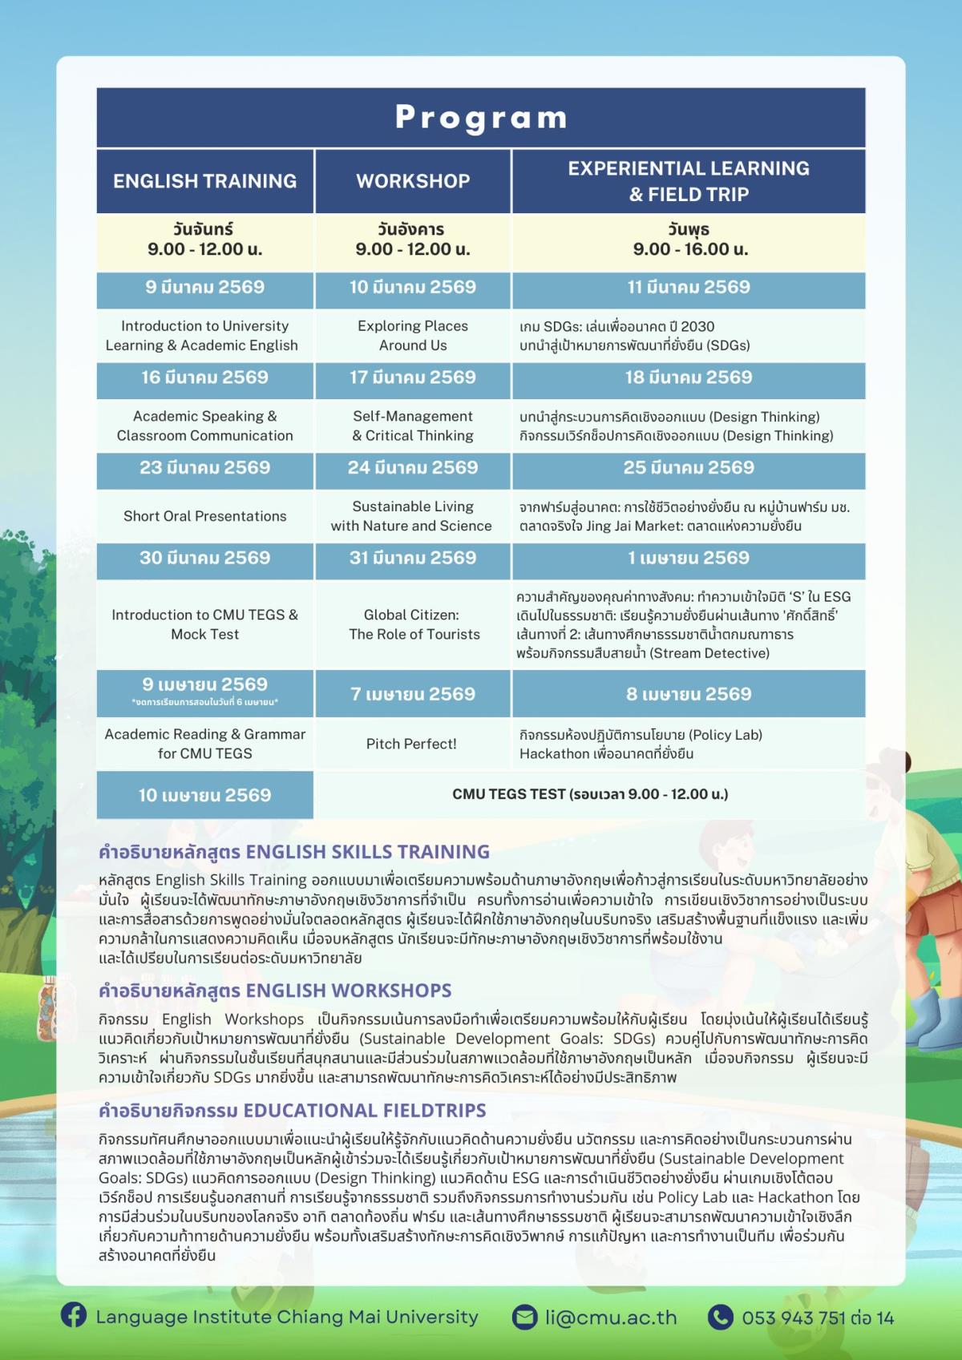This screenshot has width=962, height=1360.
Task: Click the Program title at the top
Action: (481, 118)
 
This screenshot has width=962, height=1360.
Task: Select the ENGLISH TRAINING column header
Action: (204, 181)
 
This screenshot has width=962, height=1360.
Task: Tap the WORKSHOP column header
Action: (413, 181)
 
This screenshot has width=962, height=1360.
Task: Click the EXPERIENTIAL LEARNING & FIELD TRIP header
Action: (689, 181)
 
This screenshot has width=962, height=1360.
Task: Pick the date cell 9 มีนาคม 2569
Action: (204, 288)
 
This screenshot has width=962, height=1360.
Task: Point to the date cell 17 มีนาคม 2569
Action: (413, 377)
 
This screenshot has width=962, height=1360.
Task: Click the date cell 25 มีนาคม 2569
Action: (689, 468)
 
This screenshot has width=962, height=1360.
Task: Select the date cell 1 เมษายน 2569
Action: (689, 558)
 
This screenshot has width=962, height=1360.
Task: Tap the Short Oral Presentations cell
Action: (204, 516)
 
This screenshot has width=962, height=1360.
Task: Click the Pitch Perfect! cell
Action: (411, 744)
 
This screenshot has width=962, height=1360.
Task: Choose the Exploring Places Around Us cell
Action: (413, 336)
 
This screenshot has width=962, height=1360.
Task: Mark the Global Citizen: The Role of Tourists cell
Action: (414, 624)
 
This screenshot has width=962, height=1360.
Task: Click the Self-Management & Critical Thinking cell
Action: (413, 426)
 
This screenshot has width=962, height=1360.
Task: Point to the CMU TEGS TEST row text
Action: (590, 794)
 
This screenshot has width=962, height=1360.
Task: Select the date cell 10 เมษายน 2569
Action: (204, 795)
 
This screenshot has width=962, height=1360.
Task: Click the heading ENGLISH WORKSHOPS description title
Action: (275, 991)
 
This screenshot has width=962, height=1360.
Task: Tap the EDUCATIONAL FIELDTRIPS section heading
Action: (292, 1111)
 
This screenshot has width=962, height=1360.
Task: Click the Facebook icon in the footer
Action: (74, 1316)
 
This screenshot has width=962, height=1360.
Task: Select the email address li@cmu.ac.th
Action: (611, 1318)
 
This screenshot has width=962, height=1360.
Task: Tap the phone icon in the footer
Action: (721, 1317)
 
